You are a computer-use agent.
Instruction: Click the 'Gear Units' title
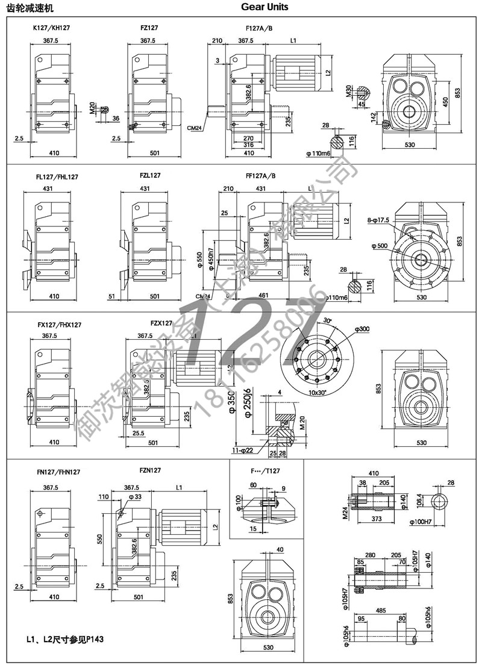click(x=264, y=7)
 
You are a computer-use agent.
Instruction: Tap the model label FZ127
click(x=149, y=28)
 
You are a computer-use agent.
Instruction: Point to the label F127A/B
click(x=260, y=28)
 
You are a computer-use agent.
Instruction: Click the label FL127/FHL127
click(x=57, y=177)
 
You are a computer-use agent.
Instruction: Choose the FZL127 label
click(x=150, y=175)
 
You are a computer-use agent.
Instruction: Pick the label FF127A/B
click(x=261, y=176)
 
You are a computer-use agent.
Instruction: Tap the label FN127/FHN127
click(x=58, y=473)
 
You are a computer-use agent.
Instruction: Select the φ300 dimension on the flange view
click(x=363, y=328)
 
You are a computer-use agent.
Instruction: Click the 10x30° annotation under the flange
click(x=318, y=393)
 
